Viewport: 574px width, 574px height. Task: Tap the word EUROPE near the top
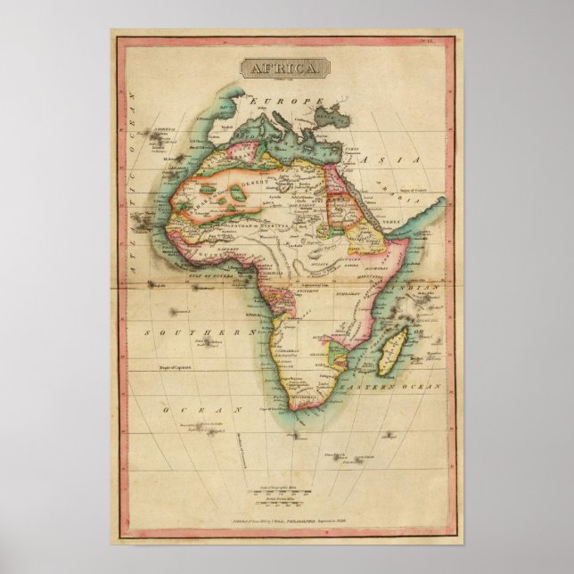click(284, 104)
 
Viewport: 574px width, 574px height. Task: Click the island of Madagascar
click(389, 351)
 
